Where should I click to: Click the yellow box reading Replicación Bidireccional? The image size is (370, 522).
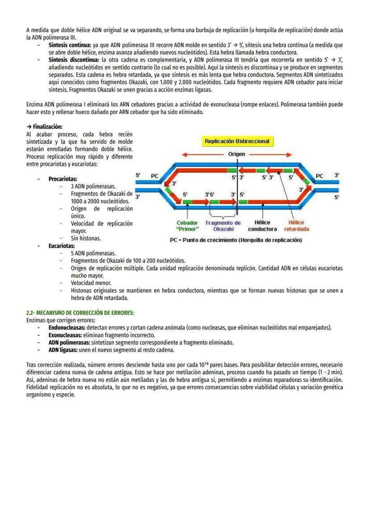tap(237, 142)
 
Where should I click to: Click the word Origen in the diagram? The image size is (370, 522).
tap(236, 154)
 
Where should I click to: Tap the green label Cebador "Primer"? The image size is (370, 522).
tap(187, 226)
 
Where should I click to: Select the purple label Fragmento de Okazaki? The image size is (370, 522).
tap(223, 226)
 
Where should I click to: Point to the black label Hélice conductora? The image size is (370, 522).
tap(262, 226)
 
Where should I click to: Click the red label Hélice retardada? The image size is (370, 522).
tap(296, 226)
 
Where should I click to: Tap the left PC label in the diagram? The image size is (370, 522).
tap(154, 176)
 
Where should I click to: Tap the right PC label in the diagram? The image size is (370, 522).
tap(320, 176)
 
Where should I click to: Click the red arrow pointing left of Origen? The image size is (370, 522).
tap(202, 155)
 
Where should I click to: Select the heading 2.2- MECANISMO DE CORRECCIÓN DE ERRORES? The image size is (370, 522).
tap(80, 313)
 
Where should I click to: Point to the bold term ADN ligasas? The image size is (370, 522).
tap(63, 350)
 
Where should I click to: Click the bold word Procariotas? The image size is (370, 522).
tap(63, 179)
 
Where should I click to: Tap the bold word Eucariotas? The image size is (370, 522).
tap(62, 246)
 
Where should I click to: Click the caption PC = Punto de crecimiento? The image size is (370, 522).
tap(235, 240)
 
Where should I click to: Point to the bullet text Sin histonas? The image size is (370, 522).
tap(86, 238)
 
